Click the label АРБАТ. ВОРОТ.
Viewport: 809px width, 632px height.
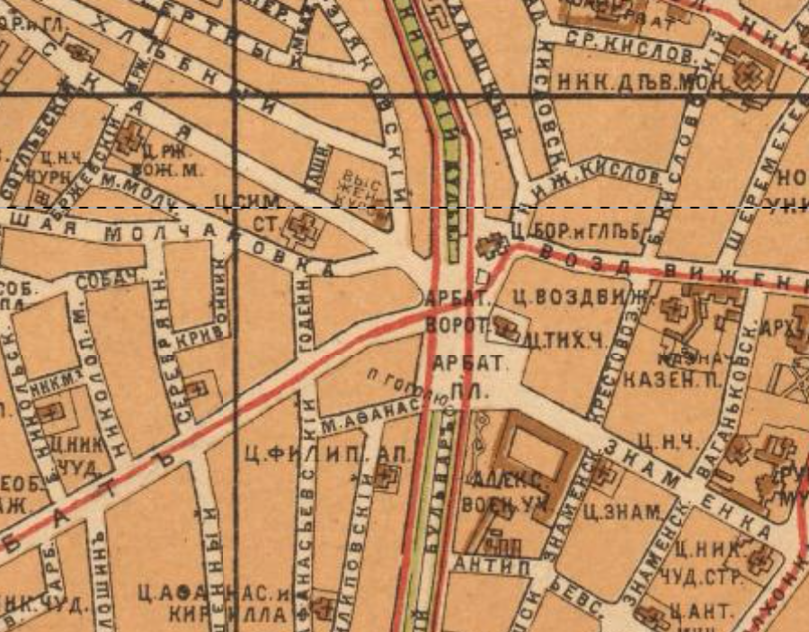click(x=456, y=310)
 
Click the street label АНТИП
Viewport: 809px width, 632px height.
click(x=484, y=564)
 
